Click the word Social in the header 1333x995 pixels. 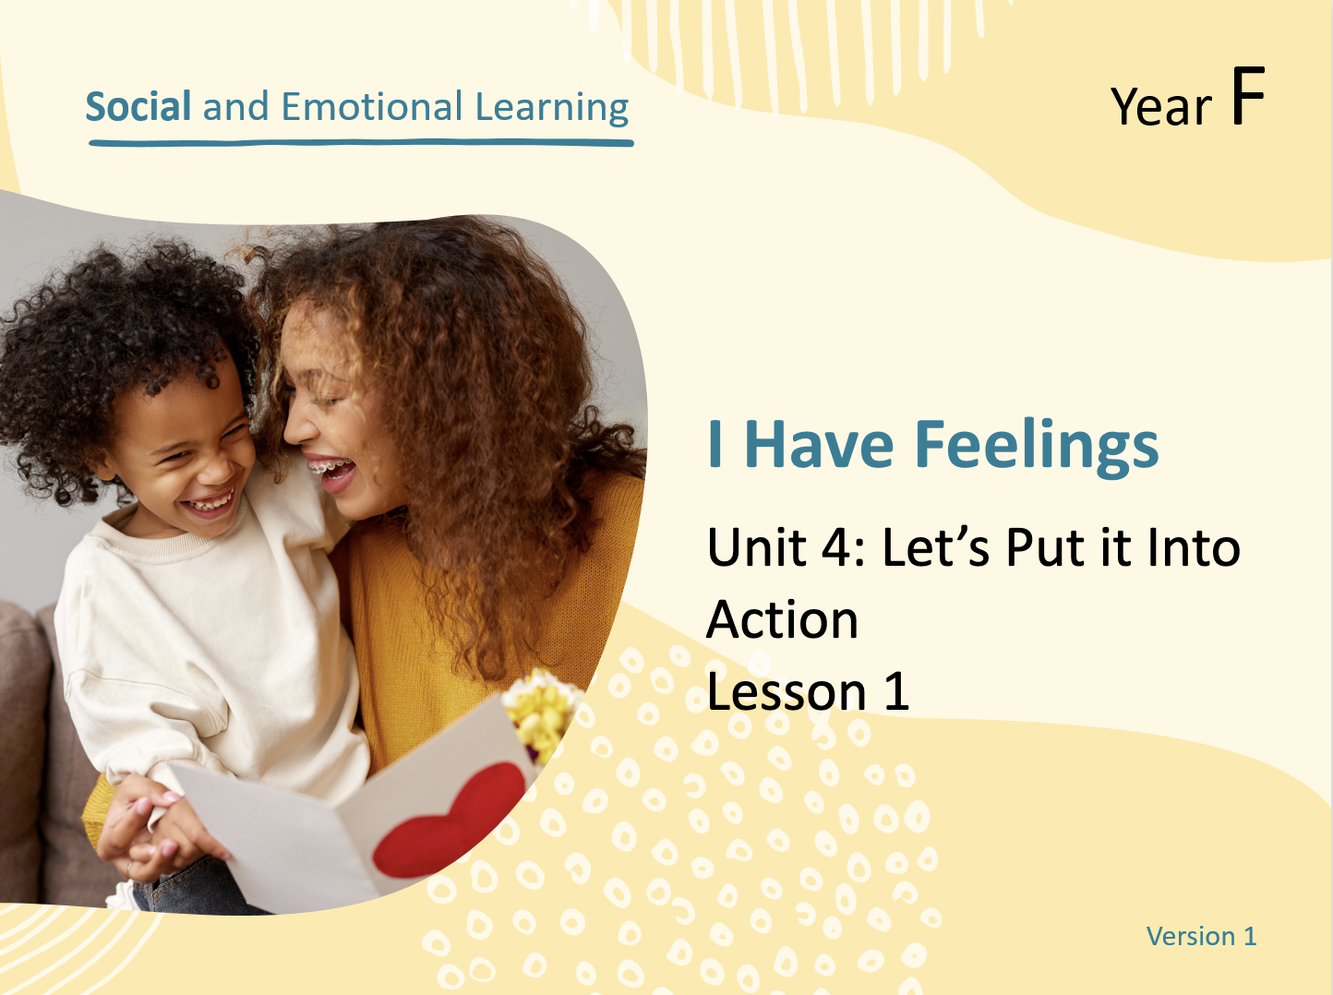[138, 107]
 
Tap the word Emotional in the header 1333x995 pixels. [372, 107]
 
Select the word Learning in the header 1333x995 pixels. [551, 108]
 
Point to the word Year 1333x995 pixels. [1161, 107]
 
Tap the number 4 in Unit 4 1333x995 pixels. [837, 547]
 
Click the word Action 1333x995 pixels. [782, 619]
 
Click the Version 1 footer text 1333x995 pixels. [1201, 936]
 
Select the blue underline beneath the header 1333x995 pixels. [361, 143]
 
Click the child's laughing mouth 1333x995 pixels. [209, 503]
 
